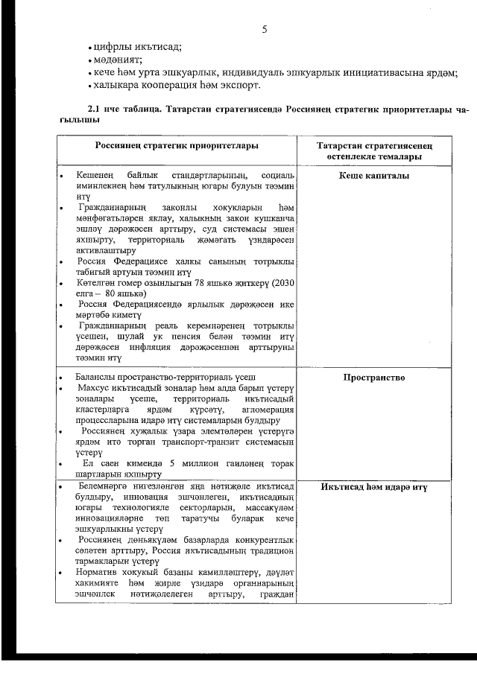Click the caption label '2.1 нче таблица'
point(121,110)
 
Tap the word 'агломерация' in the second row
point(269,410)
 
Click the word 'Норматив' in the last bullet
point(98,571)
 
